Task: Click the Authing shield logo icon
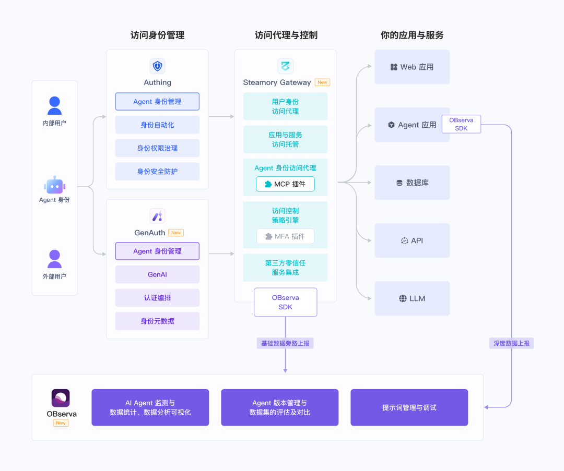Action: pos(157,66)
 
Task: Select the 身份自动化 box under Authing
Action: pos(157,125)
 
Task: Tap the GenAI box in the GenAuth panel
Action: pos(157,274)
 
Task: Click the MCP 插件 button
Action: pos(285,184)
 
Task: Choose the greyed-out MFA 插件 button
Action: pos(285,236)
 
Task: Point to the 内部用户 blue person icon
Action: pos(54,105)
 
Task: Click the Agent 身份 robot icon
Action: pos(54,185)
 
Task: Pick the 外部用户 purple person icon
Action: pos(54,259)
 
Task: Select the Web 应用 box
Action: pos(412,67)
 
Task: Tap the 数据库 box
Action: pos(412,183)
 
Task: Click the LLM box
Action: pos(412,298)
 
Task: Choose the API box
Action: pos(412,240)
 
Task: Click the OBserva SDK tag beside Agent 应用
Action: pos(461,124)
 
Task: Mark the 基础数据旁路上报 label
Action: pos(285,343)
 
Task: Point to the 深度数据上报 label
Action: pos(511,343)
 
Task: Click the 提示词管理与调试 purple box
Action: pos(409,407)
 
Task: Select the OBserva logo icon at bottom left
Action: pos(61,398)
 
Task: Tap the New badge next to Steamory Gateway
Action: pos(323,82)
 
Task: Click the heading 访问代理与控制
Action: pos(286,35)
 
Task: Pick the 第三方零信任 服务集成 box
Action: pos(285,268)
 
